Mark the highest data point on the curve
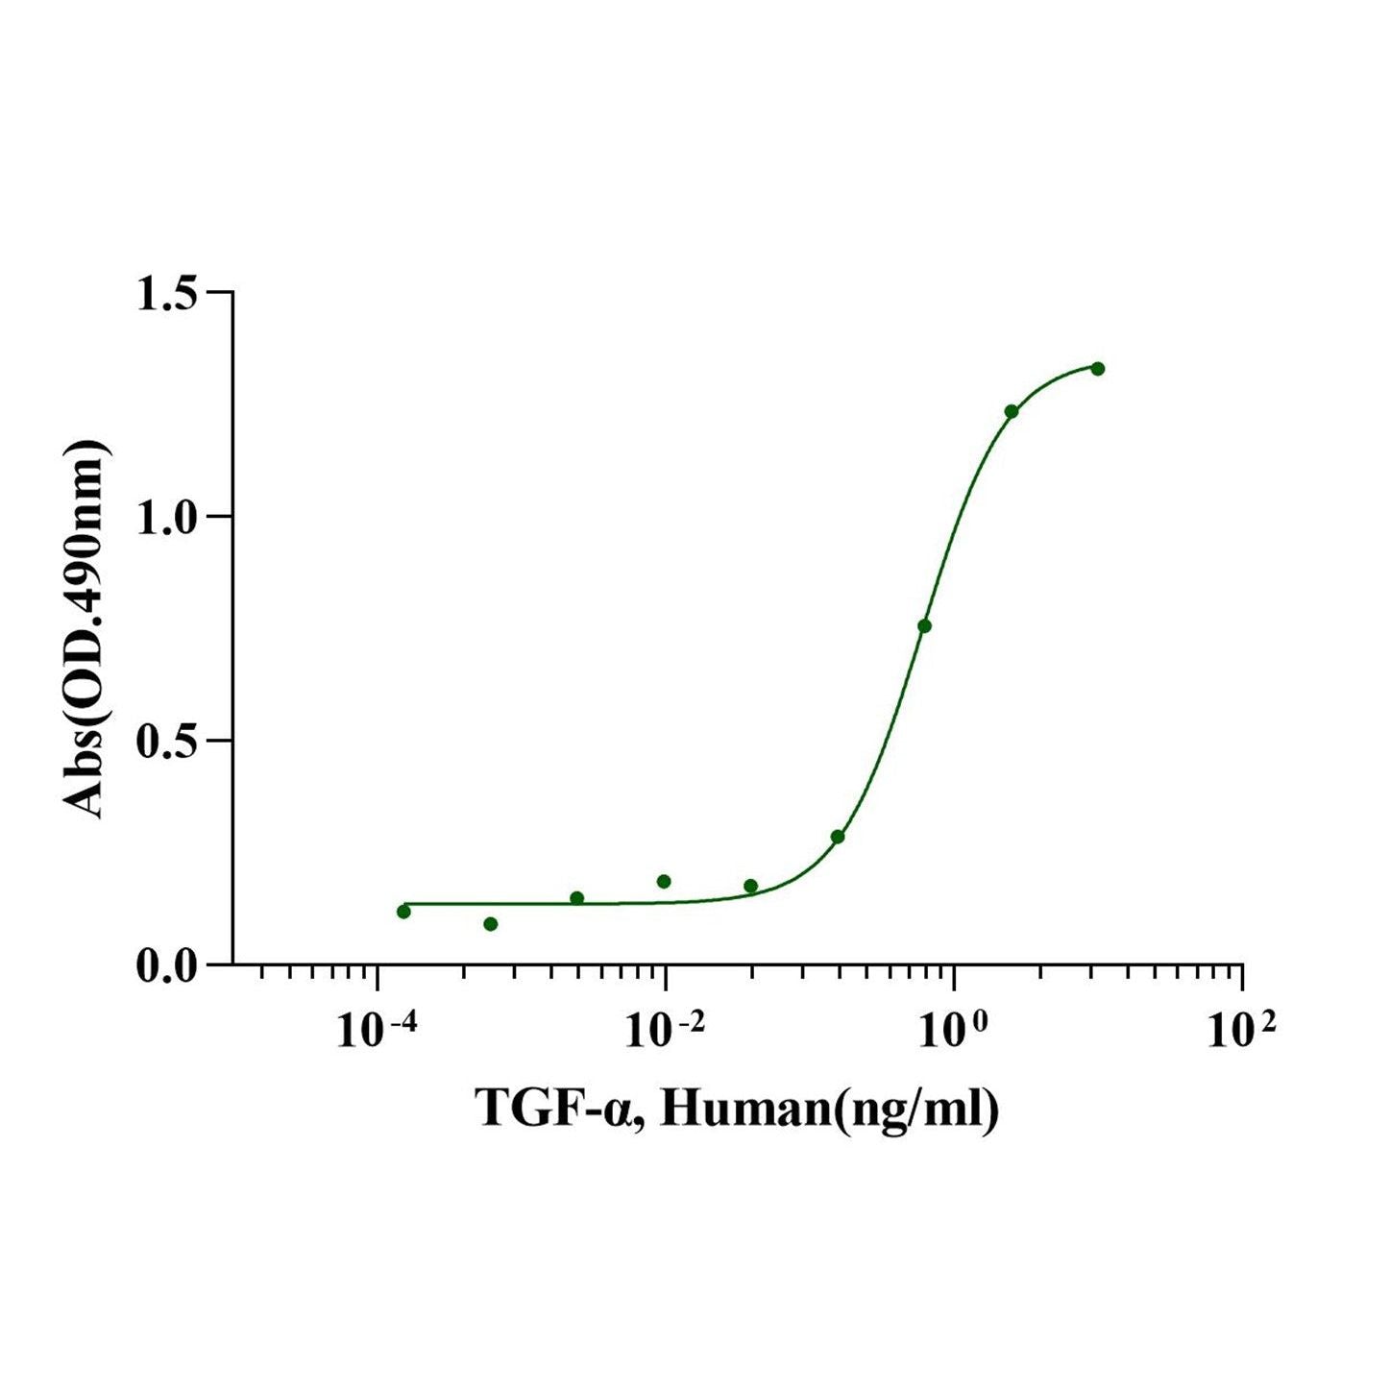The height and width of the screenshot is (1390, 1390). [1098, 369]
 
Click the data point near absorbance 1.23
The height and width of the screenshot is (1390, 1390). [1012, 411]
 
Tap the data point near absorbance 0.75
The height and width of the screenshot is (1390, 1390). [924, 626]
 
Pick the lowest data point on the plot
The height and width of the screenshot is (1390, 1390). [491, 924]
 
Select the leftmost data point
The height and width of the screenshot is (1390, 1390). [403, 912]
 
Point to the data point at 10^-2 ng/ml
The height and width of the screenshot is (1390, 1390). [664, 882]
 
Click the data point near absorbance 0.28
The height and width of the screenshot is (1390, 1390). [838, 837]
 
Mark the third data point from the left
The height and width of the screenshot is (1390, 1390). [577, 898]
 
